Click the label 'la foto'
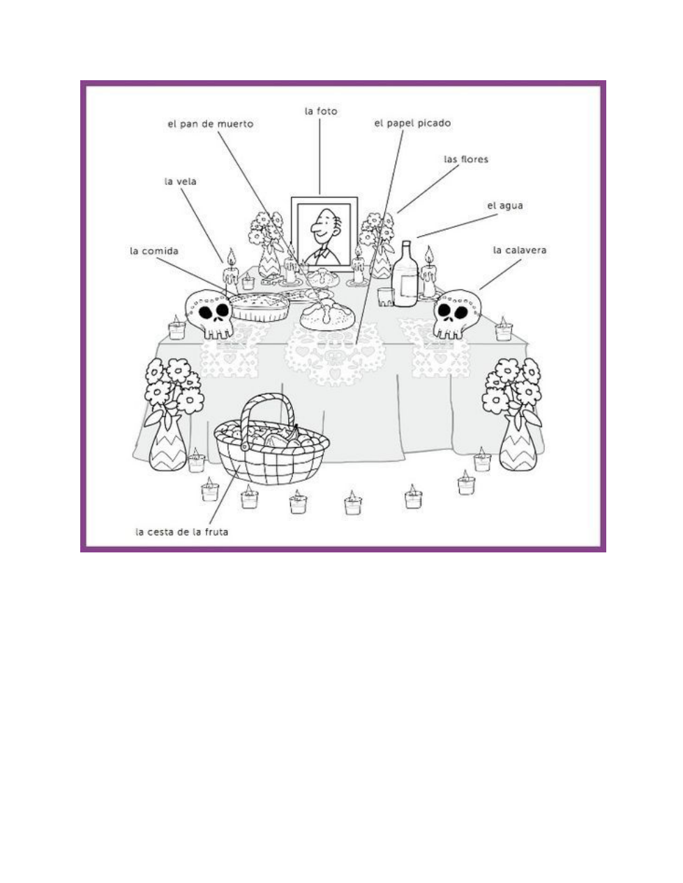[320, 111]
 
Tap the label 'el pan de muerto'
[210, 124]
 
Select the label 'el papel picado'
[412, 123]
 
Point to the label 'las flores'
[466, 159]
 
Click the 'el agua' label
[504, 206]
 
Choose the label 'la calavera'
[519, 250]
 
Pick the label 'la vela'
[180, 181]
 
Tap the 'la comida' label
[154, 251]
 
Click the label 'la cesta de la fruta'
[181, 531]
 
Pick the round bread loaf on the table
[327, 315]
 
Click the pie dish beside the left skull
[259, 306]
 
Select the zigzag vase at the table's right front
[518, 442]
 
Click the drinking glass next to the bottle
[385, 296]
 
